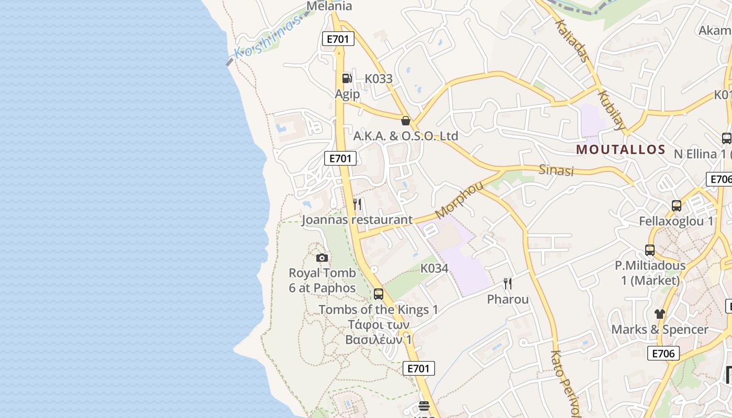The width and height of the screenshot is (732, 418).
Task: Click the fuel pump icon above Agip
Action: (x=347, y=78)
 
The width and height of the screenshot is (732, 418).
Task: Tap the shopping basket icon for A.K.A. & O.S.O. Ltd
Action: (x=405, y=121)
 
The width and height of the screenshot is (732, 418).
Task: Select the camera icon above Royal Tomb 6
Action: (x=322, y=258)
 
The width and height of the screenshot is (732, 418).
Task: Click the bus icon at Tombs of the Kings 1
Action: (x=379, y=294)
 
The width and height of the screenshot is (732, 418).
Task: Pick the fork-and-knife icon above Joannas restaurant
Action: (x=357, y=204)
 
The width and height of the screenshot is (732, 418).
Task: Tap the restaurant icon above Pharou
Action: (x=508, y=284)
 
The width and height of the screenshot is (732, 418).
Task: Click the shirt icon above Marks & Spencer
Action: (x=660, y=313)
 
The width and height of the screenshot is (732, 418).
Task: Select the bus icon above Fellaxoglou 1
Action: (x=677, y=205)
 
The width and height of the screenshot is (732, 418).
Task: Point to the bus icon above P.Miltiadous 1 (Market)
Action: (x=650, y=250)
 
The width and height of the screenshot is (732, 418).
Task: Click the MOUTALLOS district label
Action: (x=621, y=150)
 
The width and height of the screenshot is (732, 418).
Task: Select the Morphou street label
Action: (x=459, y=200)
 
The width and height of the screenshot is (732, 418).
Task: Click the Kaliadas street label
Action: (x=573, y=40)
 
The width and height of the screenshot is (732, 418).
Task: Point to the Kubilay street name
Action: (x=611, y=110)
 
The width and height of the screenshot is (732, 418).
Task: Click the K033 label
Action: (x=379, y=79)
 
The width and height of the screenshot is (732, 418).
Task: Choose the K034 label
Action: (x=434, y=269)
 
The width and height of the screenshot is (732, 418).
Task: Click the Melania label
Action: (x=329, y=6)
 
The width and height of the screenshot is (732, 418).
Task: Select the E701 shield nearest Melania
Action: (x=338, y=39)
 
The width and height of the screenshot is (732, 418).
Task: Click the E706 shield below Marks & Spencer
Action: (x=664, y=353)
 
